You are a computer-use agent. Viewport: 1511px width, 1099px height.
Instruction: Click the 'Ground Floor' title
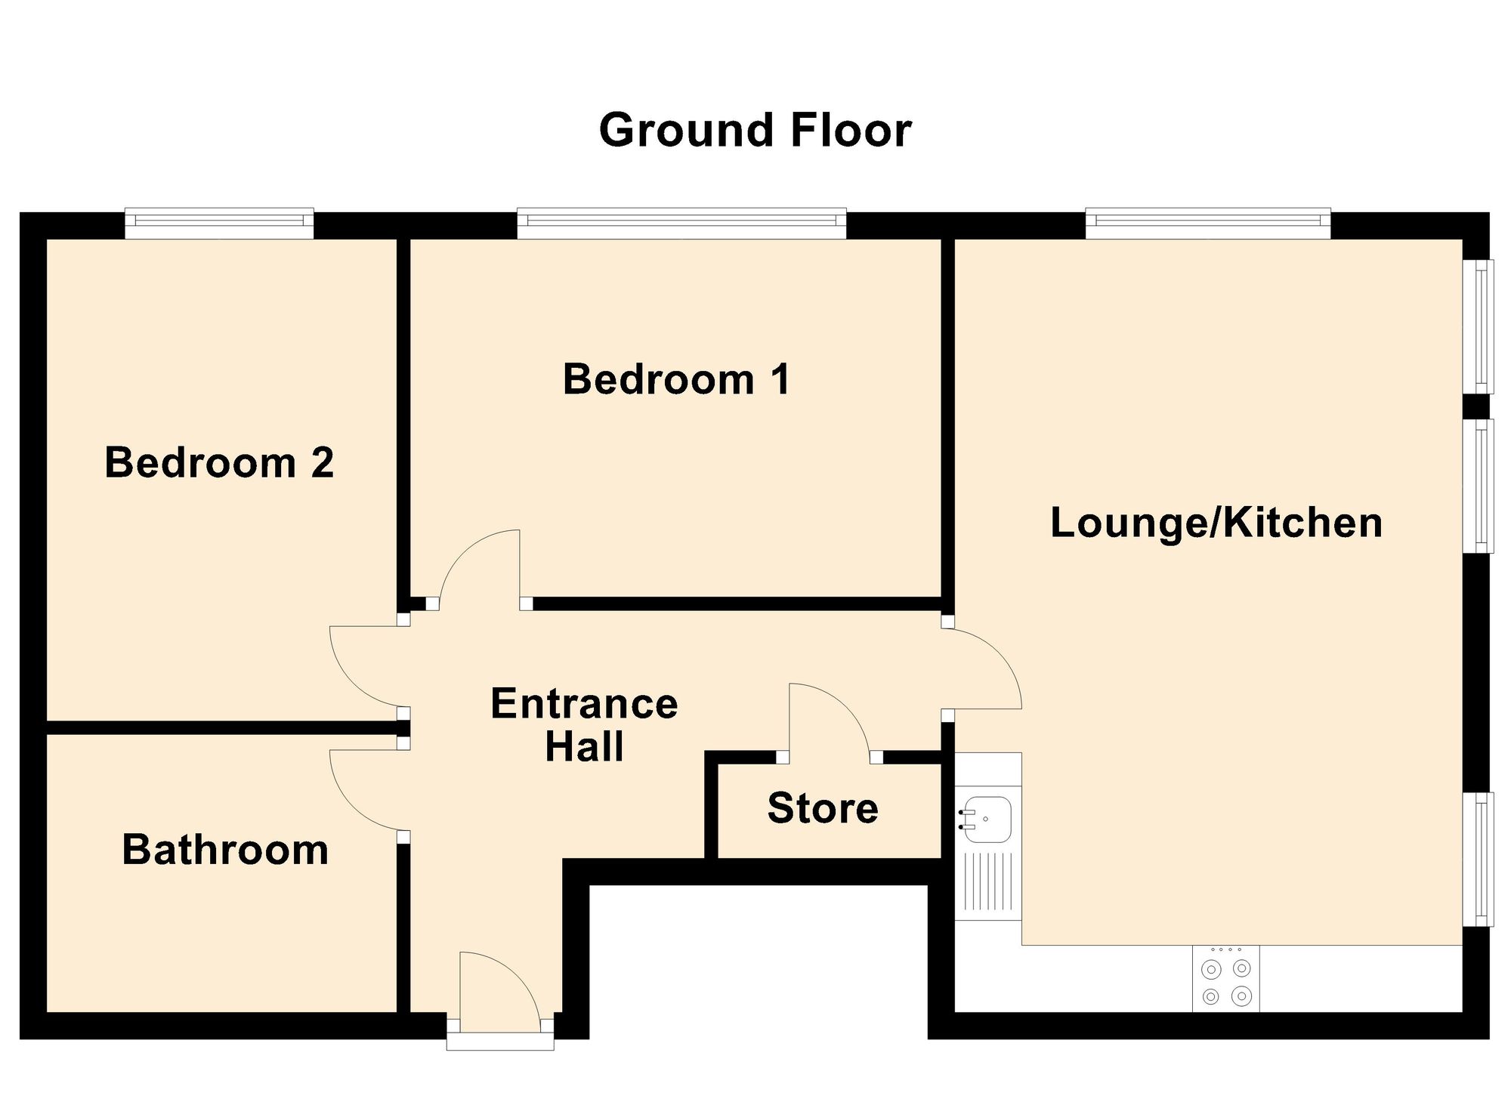[755, 131]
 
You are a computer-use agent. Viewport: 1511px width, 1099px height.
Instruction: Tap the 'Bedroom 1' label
[676, 379]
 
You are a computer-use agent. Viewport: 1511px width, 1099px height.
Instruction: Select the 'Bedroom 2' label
[219, 462]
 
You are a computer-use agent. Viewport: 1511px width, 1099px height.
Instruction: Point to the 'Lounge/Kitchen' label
[1216, 523]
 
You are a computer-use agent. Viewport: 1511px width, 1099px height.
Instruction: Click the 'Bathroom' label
[225, 850]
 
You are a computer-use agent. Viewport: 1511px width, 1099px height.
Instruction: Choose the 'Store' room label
[823, 808]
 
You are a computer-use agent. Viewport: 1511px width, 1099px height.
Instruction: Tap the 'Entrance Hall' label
[584, 725]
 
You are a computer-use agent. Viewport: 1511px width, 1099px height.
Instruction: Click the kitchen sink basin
[986, 820]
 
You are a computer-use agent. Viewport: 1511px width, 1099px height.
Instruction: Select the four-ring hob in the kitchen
[1225, 979]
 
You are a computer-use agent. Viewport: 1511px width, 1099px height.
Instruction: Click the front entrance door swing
[495, 989]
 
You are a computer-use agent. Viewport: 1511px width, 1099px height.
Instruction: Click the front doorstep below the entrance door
[500, 1042]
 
